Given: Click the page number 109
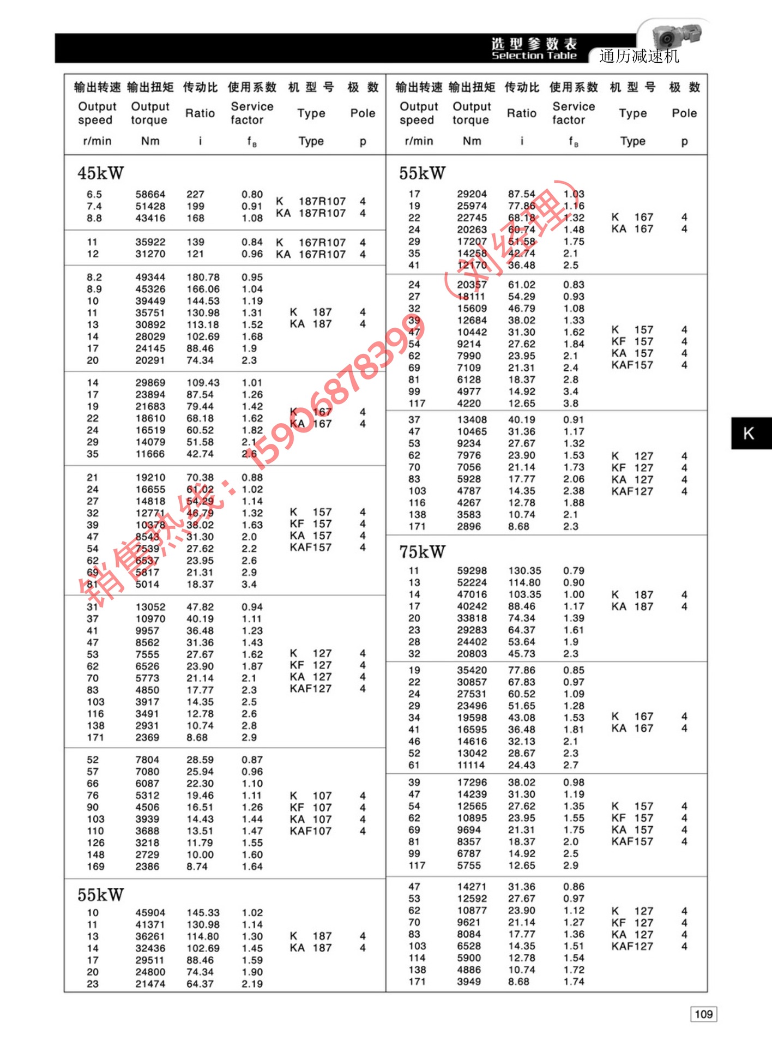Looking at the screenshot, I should pos(703,1014).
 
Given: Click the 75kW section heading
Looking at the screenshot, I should pos(422,552).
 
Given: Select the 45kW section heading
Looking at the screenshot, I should pos(100,173).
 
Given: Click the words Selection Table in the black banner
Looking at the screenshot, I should pos(534,56).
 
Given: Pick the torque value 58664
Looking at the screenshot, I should pos(150,194).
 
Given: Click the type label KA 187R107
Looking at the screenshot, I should pos(311,213).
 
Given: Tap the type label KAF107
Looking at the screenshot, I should pos(310,831).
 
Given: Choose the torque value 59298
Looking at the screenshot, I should pos(472,570).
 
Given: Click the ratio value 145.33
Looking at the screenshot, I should pos(203,912).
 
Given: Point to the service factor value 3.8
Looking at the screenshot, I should pos(571,403).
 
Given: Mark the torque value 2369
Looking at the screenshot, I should pos(147,737).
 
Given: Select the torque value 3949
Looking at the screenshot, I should pos(469,982).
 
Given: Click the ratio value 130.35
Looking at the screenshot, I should pos(524,570).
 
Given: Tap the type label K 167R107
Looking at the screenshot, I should pos(311,242).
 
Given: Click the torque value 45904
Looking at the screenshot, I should pos(150,912).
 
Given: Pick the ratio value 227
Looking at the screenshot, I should pos(195,194).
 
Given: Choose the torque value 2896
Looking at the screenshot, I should pos(469,526).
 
